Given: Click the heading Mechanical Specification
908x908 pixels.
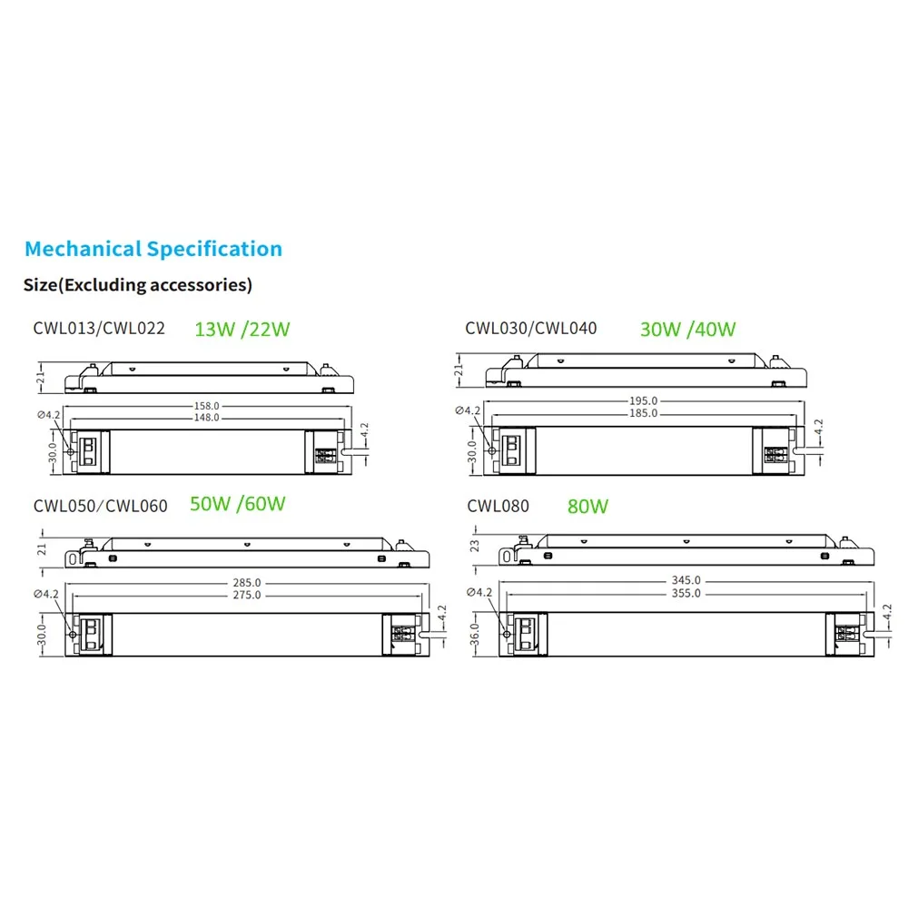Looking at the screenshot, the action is coord(153,249).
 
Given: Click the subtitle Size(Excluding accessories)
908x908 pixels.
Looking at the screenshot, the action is coord(137,285).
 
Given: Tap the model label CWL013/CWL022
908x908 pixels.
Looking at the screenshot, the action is coord(99,328).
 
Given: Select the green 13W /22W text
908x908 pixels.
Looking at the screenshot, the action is coord(242,330).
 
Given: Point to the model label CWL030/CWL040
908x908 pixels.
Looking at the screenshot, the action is coord(531,328).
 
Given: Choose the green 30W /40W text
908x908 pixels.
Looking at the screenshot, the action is coord(687,330).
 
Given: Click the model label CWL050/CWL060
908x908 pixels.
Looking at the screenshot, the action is coord(101,506).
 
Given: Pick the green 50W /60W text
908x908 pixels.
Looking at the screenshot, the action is coord(238,504).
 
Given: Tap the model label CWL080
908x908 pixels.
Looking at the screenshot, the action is coord(498,506).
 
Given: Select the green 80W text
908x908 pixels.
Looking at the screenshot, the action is coord(587,507).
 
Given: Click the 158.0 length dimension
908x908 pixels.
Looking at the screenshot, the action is coord(206,406).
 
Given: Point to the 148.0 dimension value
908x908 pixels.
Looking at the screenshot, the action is coord(206,418).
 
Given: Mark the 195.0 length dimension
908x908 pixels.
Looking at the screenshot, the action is coord(644,401).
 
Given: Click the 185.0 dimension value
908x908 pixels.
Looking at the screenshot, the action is coord(644,414).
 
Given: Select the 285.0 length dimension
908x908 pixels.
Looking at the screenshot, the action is coord(246,583).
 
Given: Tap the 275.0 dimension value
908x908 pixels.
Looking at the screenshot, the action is coord(246,595).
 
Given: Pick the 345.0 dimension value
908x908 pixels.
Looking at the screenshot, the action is coord(686,580).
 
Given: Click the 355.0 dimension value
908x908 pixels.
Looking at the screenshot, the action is coord(686,593).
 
